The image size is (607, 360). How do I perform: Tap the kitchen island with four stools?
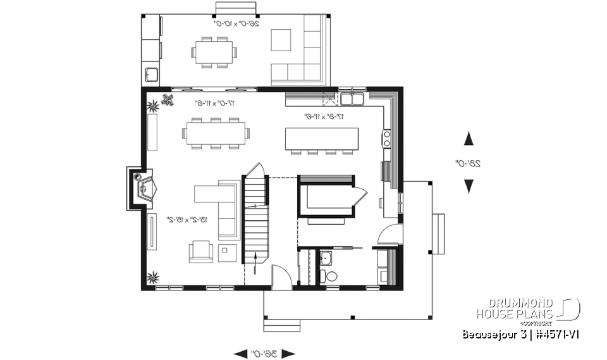coord(321,139)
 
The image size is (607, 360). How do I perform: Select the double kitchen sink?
coord(352,99)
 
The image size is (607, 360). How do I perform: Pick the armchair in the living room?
coord(200,251)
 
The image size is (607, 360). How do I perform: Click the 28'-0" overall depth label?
coord(469,163)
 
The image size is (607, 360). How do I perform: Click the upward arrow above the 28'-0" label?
coord(469,139)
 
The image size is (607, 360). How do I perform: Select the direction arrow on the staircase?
coord(255,258)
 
